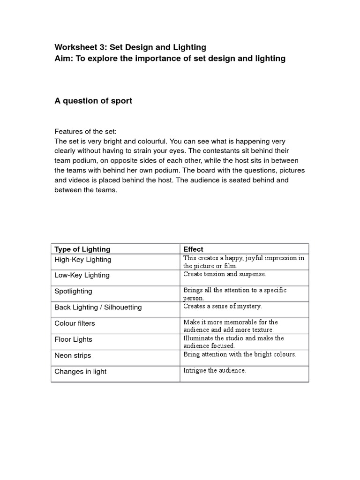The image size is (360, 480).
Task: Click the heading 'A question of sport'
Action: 93,101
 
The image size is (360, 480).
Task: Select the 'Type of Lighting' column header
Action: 82,249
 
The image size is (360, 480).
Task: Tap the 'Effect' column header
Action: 193,249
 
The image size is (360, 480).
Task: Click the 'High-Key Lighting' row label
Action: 83,260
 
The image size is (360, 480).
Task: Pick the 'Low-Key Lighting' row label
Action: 82,276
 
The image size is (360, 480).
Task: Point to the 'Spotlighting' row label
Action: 74,292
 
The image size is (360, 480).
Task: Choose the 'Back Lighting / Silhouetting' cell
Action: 98,307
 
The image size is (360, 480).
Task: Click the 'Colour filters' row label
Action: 75,323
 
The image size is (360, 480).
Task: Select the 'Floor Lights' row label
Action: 73,339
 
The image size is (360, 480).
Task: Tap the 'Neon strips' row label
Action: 73,355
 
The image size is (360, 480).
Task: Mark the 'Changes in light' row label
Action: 80,372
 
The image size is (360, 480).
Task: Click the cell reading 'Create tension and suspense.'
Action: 225,274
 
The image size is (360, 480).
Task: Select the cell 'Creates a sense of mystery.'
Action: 223,306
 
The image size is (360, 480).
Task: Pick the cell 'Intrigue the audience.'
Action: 215,370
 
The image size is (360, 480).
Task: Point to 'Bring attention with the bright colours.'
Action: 240,354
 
